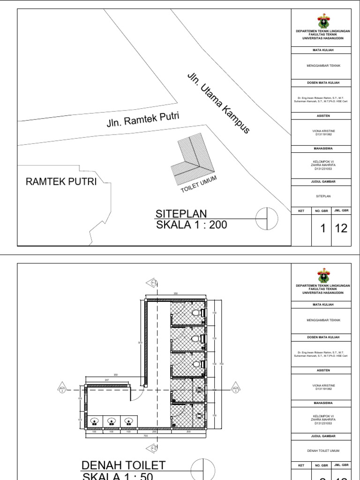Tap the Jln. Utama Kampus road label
pyautogui.click(x=218, y=103)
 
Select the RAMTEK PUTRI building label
pyautogui.click(x=60, y=181)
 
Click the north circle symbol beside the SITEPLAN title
pyautogui.click(x=267, y=218)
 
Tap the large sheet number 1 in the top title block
pyautogui.click(x=322, y=229)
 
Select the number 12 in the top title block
pyautogui.click(x=341, y=229)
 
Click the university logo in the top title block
pyautogui.click(x=322, y=21)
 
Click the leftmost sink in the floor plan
pyautogui.click(x=94, y=421)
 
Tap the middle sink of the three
pyautogui.click(x=112, y=421)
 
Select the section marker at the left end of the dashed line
pyautogui.click(x=62, y=390)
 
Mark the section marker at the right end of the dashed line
pyautogui.click(x=235, y=390)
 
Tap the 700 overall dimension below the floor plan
pyautogui.click(x=145, y=435)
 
